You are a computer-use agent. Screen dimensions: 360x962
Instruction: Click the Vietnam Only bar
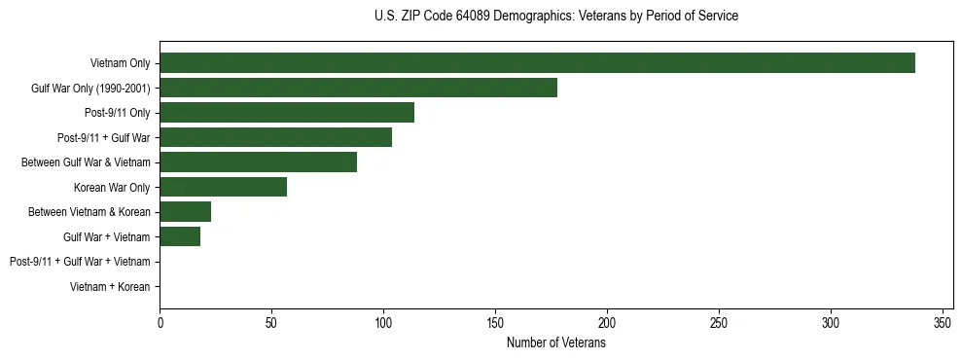pyautogui.click(x=537, y=63)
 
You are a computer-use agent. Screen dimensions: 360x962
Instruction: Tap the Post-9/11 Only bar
pyautogui.click(x=287, y=113)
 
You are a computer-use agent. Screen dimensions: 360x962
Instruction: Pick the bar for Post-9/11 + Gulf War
pyautogui.click(x=275, y=137)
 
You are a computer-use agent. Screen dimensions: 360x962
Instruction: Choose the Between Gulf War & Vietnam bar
pyautogui.click(x=258, y=162)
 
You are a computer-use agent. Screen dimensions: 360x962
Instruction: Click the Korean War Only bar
pyautogui.click(x=223, y=187)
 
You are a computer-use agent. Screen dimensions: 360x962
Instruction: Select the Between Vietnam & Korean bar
pyautogui.click(x=185, y=212)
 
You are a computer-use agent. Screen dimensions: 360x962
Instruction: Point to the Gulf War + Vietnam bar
pyautogui.click(x=180, y=236)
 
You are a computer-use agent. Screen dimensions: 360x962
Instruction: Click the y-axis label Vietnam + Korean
pyautogui.click(x=110, y=287)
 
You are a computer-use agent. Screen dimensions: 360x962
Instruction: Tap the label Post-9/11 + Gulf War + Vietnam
pyautogui.click(x=80, y=262)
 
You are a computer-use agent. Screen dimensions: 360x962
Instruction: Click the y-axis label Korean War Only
pyautogui.click(x=112, y=187)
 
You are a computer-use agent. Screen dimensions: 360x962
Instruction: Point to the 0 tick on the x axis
pyautogui.click(x=160, y=323)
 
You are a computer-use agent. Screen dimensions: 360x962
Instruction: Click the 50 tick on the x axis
pyautogui.click(x=271, y=323)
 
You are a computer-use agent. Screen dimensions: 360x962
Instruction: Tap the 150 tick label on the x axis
pyautogui.click(x=495, y=323)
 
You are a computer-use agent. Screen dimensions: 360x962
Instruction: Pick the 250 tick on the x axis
pyautogui.click(x=719, y=323)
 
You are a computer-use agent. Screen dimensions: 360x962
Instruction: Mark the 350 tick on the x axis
pyautogui.click(x=942, y=323)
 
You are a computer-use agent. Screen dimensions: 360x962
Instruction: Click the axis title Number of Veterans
pyautogui.click(x=555, y=343)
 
